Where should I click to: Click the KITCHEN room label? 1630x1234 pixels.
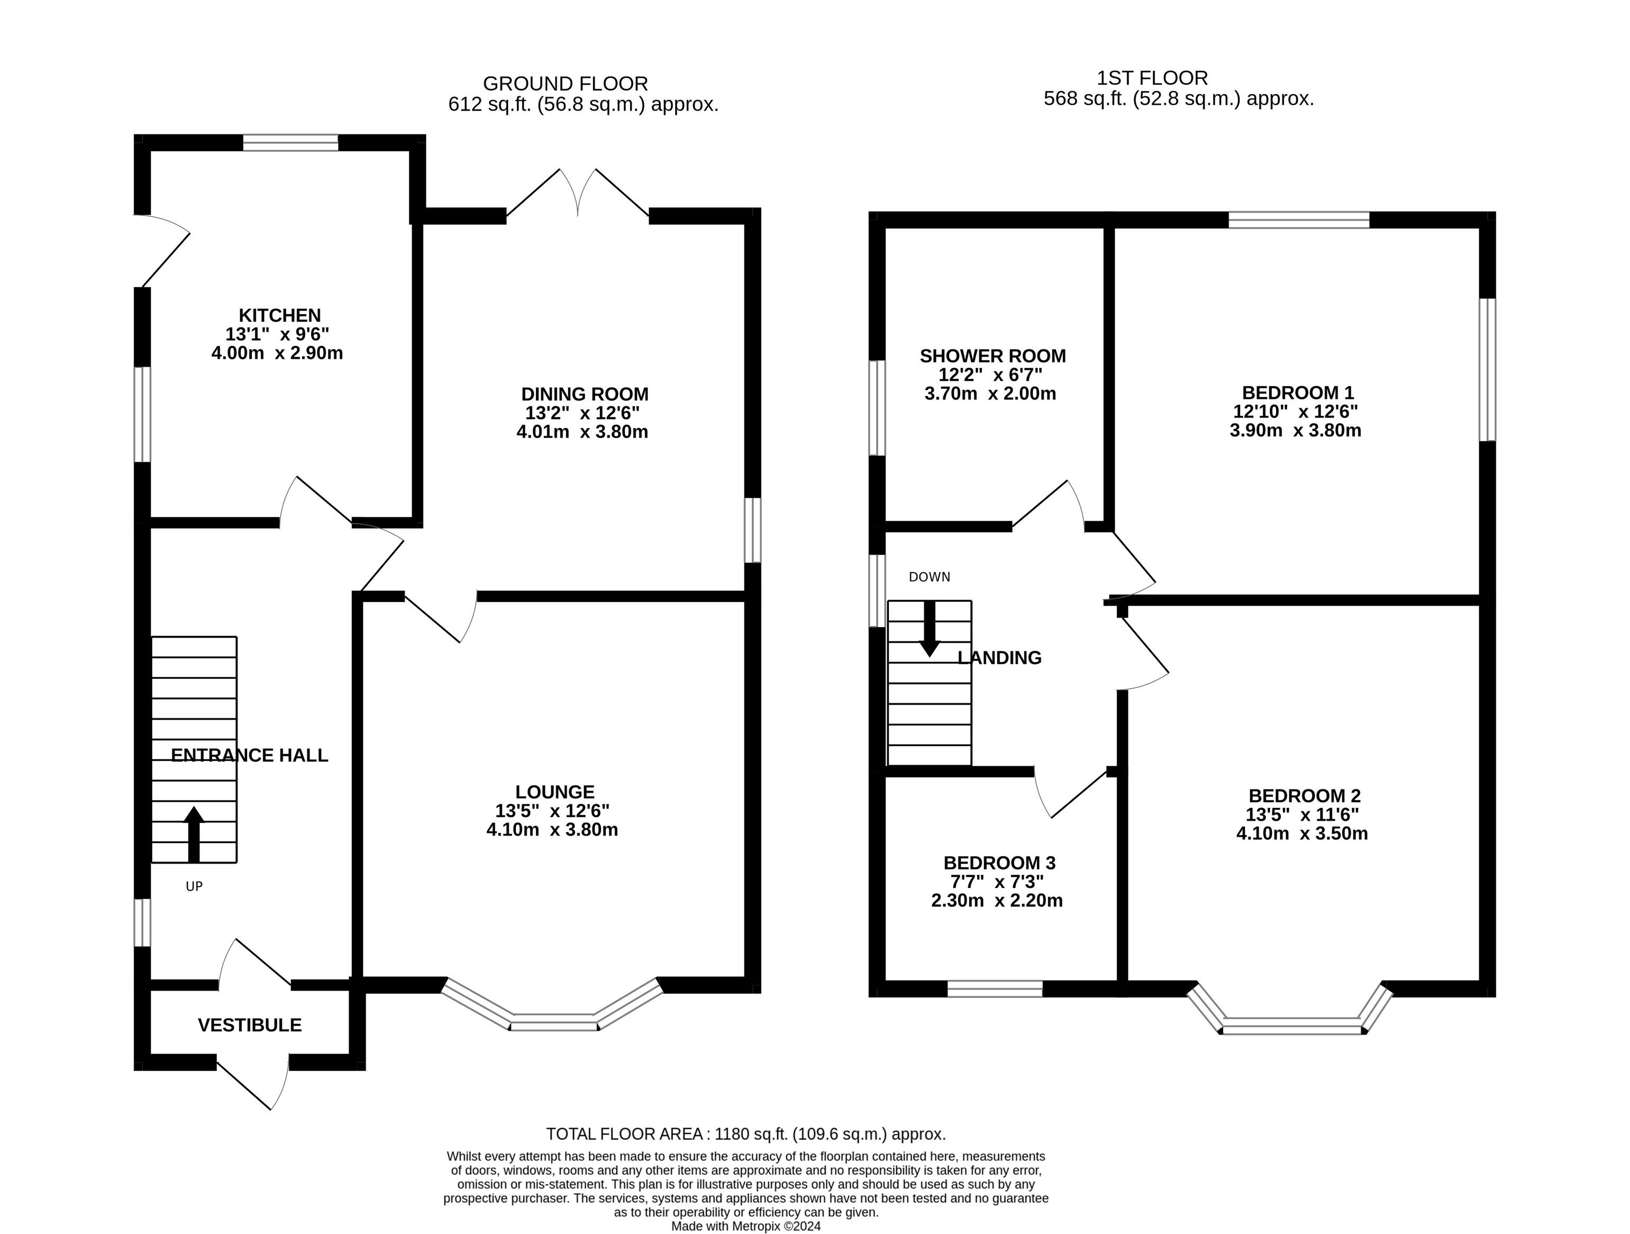(279, 315)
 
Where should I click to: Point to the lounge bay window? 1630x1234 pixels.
(553, 1020)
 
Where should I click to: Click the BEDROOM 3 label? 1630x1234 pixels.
(999, 863)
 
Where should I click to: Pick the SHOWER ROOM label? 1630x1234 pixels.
(992, 356)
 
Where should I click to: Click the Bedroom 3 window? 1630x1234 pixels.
(995, 988)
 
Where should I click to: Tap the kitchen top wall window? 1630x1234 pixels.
(291, 142)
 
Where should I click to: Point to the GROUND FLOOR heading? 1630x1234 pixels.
(565, 83)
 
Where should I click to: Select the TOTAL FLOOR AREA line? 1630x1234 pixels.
(746, 1134)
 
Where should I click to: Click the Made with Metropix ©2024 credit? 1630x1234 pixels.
(746, 1227)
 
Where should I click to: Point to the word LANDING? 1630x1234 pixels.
(999, 658)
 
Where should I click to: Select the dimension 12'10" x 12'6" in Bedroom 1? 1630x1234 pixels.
(1296, 411)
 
